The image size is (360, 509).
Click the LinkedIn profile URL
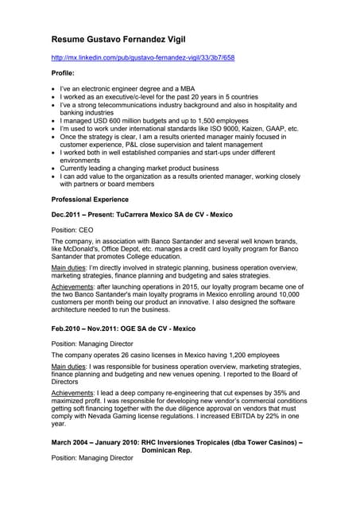tap(143, 58)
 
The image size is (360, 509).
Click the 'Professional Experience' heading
tap(97, 199)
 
